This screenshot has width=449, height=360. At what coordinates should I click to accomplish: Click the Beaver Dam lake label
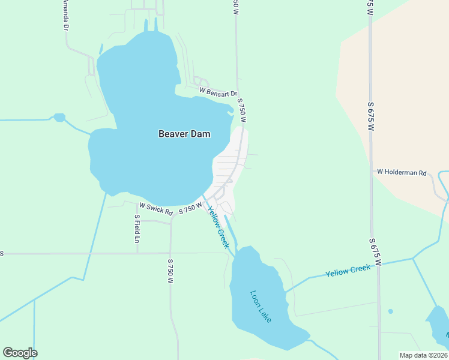[184, 134]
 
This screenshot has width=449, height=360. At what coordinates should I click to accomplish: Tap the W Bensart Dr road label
[219, 92]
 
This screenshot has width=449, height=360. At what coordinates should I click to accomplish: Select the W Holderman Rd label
[402, 172]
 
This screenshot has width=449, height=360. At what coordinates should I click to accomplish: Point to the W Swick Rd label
[156, 209]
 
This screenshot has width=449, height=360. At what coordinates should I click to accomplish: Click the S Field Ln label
[137, 229]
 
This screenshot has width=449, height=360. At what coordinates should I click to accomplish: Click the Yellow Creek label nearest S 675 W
[348, 271]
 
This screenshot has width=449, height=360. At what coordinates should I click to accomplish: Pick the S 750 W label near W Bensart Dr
[242, 112]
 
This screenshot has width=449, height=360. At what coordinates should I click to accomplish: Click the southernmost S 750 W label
[170, 272]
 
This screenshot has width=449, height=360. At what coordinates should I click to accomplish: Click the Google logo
[20, 353]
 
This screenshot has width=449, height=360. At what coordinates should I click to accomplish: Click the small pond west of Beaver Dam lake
[59, 118]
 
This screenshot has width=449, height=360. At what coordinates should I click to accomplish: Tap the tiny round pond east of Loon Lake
[391, 311]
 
